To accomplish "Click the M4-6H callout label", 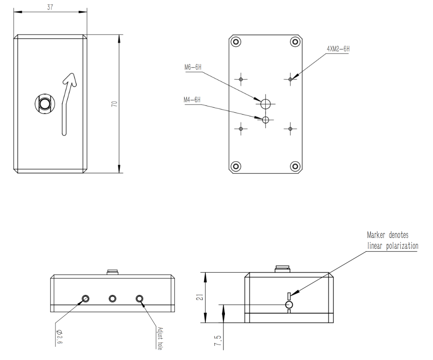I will (x=192, y=100).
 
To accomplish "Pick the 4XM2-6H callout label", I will (x=338, y=48).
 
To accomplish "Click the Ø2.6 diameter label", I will (x=59, y=337).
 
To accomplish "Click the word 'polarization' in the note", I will (x=401, y=246).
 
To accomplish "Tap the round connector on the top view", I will (x=45, y=104).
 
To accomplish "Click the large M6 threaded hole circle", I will (x=266, y=103).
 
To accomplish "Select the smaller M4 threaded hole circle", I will (x=266, y=120).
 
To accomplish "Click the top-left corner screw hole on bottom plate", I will (x=236, y=42).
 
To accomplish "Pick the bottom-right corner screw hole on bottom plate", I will (x=295, y=166).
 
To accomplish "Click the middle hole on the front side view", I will (x=112, y=298).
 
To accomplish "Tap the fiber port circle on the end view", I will (x=289, y=304).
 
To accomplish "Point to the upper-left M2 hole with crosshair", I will (x=241, y=79).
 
